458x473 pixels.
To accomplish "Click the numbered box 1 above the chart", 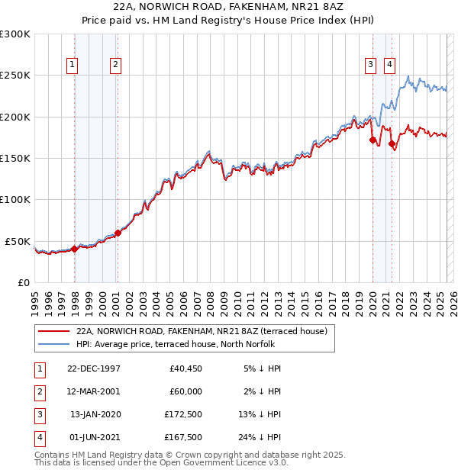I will click(72, 65).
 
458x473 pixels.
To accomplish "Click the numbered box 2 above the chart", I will click(115, 65).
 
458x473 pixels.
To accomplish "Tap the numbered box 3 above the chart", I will click(370, 65).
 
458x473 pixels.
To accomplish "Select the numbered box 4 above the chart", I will click(389, 65).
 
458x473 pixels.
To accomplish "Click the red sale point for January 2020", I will click(373, 140).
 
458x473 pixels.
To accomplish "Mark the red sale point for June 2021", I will click(392, 143).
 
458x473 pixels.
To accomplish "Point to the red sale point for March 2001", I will click(118, 233).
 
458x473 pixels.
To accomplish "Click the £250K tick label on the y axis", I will click(15, 76).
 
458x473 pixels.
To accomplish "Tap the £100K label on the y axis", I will click(15, 199).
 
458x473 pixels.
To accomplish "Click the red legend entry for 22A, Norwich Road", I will click(202, 331).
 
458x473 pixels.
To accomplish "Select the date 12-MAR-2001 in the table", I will click(94, 391).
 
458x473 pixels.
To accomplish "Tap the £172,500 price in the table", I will click(183, 414).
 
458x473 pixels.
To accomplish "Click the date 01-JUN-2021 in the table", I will click(94, 437).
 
